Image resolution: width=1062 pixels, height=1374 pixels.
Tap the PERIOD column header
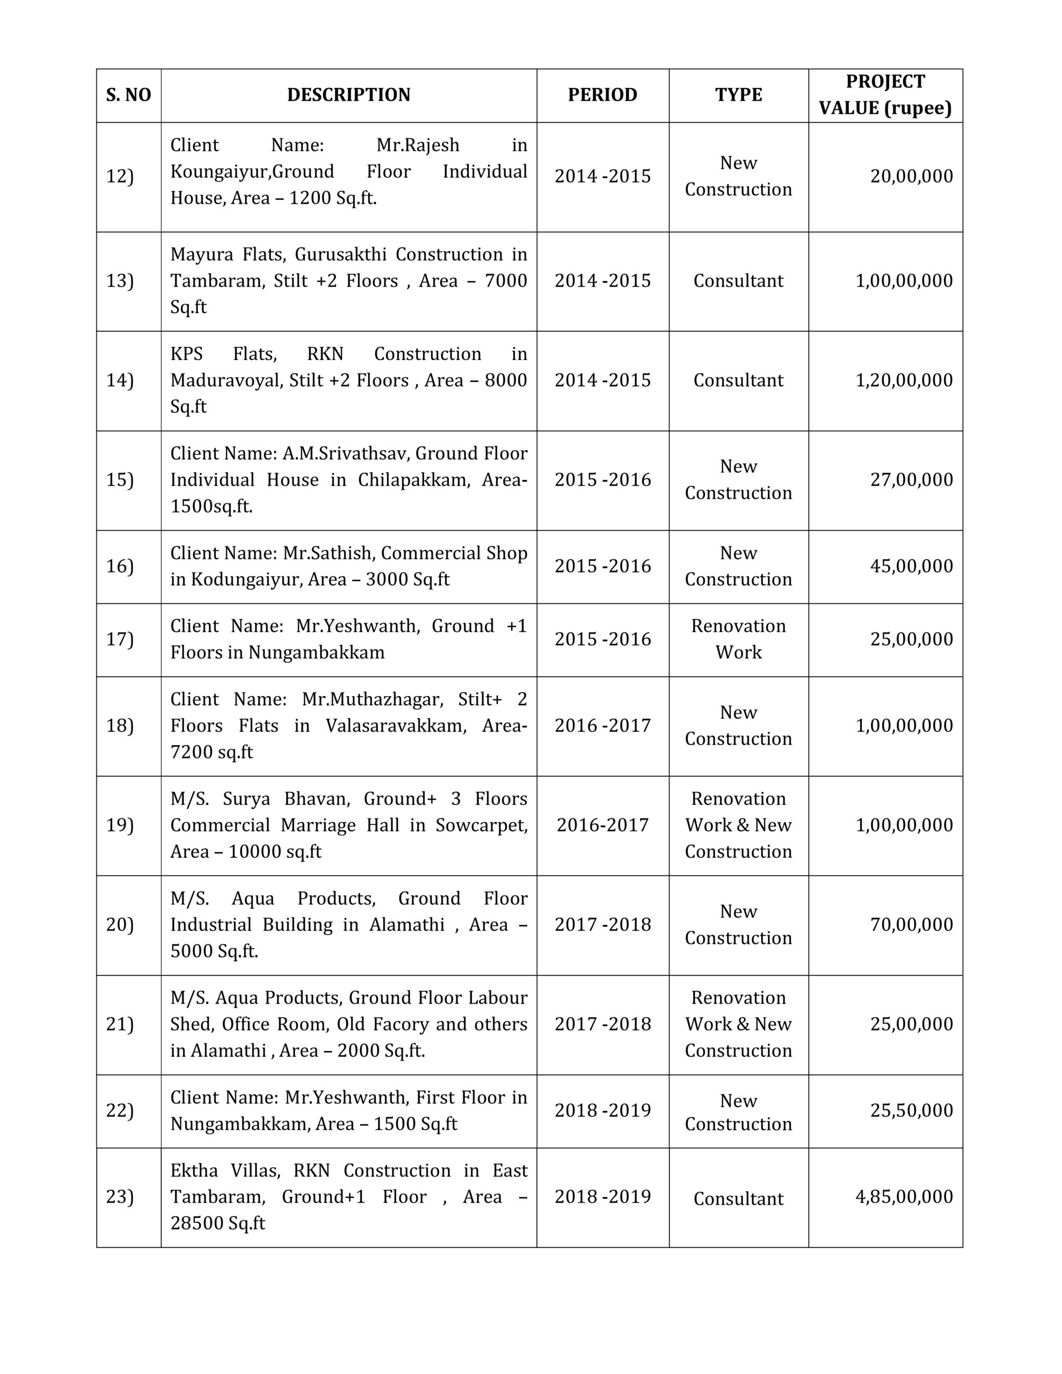tap(602, 95)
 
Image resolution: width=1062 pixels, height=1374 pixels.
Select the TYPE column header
tap(738, 95)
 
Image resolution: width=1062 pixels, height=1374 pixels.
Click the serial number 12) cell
tap(120, 177)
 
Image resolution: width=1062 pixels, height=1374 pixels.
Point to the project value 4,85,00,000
tap(904, 1196)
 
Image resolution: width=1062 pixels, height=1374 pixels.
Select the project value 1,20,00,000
tap(904, 381)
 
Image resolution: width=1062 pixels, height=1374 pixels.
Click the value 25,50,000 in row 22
tap(912, 1110)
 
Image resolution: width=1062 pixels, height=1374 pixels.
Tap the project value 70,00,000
tap(912, 925)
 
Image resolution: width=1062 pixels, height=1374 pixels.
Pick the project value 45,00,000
tap(912, 566)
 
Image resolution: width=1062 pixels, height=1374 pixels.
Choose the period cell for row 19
tap(602, 825)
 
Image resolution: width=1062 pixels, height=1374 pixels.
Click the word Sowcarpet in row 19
tap(481, 825)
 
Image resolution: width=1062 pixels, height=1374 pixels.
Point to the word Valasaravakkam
tap(396, 726)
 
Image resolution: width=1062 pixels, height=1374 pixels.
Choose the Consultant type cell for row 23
tap(738, 1199)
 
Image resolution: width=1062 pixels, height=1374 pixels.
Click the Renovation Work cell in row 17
tap(738, 639)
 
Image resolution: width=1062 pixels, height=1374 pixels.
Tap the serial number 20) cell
tap(120, 925)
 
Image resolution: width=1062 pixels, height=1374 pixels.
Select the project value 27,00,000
tap(912, 480)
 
